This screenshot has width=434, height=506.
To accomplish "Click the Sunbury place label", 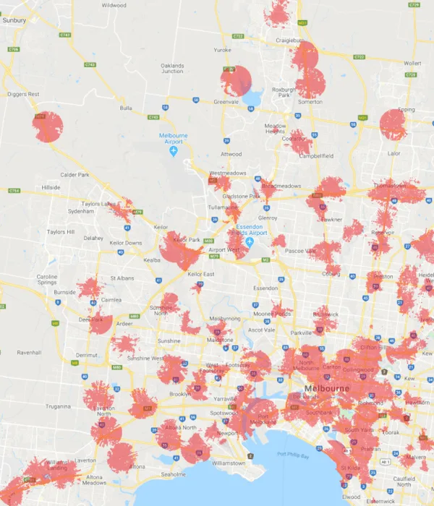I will tap(14, 21).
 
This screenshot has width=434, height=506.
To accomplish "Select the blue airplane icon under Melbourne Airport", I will tap(174, 152).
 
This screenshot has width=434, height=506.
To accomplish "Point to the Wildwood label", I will tap(114, 5).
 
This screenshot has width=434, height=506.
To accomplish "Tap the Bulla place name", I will tap(127, 108).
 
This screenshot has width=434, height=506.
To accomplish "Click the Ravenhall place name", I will tap(30, 353).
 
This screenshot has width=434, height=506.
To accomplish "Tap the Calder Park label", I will tap(75, 175).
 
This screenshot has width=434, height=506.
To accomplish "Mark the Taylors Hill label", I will tap(61, 232).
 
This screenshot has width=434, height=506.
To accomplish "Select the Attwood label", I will tap(231, 154).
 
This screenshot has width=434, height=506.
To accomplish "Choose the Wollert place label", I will tap(412, 63).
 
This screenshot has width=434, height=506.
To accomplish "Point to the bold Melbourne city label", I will tap(327, 389).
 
